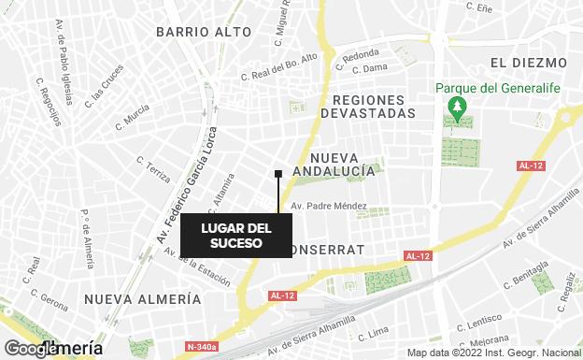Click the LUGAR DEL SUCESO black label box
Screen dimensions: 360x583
pyautogui.click(x=235, y=236)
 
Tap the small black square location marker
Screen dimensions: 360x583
pyautogui.click(x=278, y=173)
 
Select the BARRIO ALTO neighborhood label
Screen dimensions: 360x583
pyautogui.click(x=204, y=32)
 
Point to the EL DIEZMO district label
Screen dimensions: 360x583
pyautogui.click(x=528, y=63)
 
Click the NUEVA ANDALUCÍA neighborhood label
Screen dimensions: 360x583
pyautogui.click(x=334, y=165)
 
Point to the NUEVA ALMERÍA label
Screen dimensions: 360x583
pyautogui.click(x=142, y=299)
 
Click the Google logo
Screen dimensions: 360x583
pyautogui.click(x=30, y=348)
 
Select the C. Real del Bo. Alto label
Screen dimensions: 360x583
pyautogui.click(x=279, y=66)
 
